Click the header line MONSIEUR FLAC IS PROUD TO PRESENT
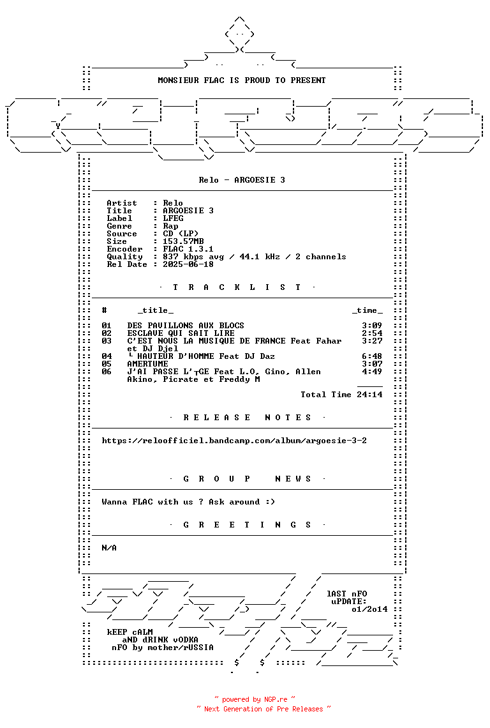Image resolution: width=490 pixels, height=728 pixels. [242, 80]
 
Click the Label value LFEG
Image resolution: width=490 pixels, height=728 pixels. [173, 218]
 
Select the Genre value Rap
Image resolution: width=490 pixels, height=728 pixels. [170, 226]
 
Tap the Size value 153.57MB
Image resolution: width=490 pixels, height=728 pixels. [183, 241]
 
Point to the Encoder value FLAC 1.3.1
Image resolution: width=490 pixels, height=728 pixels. [188, 249]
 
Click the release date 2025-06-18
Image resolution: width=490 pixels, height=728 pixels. [188, 264]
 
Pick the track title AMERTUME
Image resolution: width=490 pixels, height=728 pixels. [147, 364]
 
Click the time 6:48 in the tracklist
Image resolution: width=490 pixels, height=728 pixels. [372, 356]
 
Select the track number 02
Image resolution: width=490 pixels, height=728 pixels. [107, 333]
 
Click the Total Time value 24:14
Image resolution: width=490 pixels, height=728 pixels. [369, 395]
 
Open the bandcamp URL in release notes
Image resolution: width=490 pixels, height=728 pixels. [234, 441]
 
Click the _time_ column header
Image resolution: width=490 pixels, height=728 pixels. [367, 310]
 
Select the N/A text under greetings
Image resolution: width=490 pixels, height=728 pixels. [109, 548]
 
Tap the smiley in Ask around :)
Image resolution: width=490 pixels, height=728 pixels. [270, 502]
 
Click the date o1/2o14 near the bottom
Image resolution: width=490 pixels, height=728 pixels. [369, 609]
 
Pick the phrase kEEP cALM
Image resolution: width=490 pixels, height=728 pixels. [130, 632]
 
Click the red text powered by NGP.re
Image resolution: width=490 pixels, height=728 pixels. [254, 699]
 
